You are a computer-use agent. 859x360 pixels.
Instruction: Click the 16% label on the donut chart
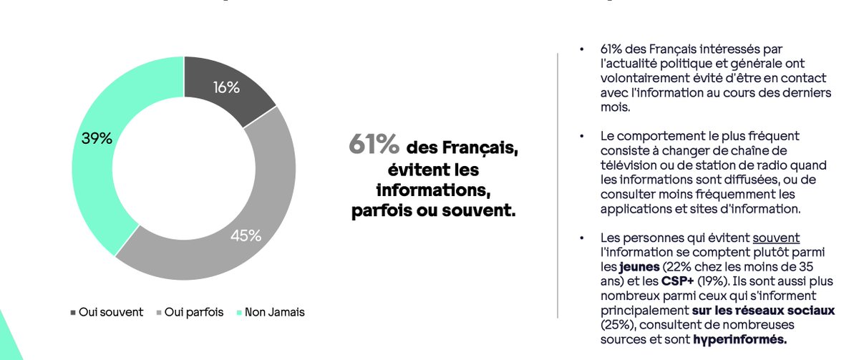[225, 87]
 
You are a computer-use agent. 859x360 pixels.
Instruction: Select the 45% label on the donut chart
[246, 235]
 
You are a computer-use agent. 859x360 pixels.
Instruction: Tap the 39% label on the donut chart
[97, 139]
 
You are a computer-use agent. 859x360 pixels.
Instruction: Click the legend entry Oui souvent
[107, 313]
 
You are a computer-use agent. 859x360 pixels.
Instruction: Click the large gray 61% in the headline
[374, 145]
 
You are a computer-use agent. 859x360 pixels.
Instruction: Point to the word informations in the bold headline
[433, 193]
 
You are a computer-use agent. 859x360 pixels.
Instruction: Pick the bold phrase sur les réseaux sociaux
[763, 310]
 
